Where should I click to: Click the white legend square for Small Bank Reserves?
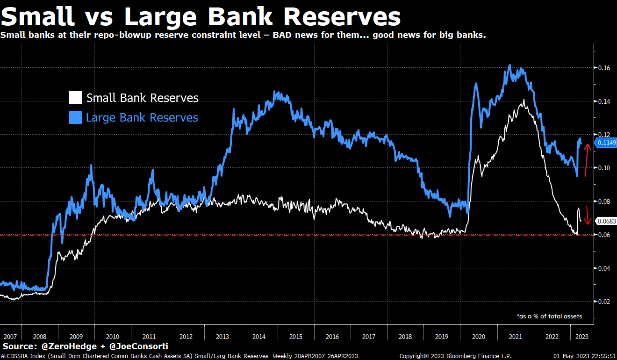click(75, 98)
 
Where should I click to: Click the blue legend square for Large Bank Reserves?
click(75, 117)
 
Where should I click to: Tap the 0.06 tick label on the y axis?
click(604, 235)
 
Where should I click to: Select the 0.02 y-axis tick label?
click(604, 302)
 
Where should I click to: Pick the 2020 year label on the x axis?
click(478, 336)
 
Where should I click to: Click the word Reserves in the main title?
click(342, 17)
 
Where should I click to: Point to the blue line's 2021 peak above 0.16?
click(510, 65)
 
